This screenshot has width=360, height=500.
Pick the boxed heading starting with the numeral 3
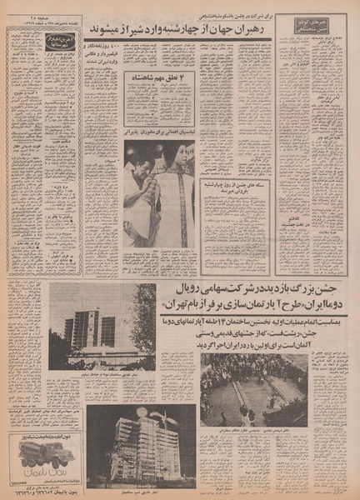161,78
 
